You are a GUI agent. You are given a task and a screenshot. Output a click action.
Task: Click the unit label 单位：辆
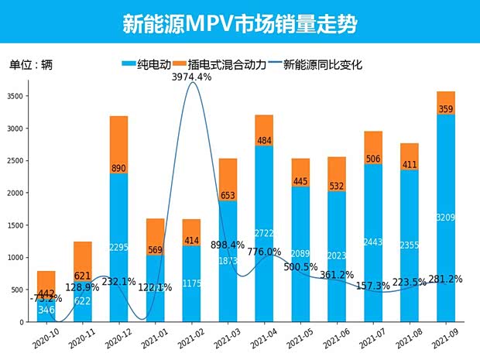[x=30, y=65]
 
